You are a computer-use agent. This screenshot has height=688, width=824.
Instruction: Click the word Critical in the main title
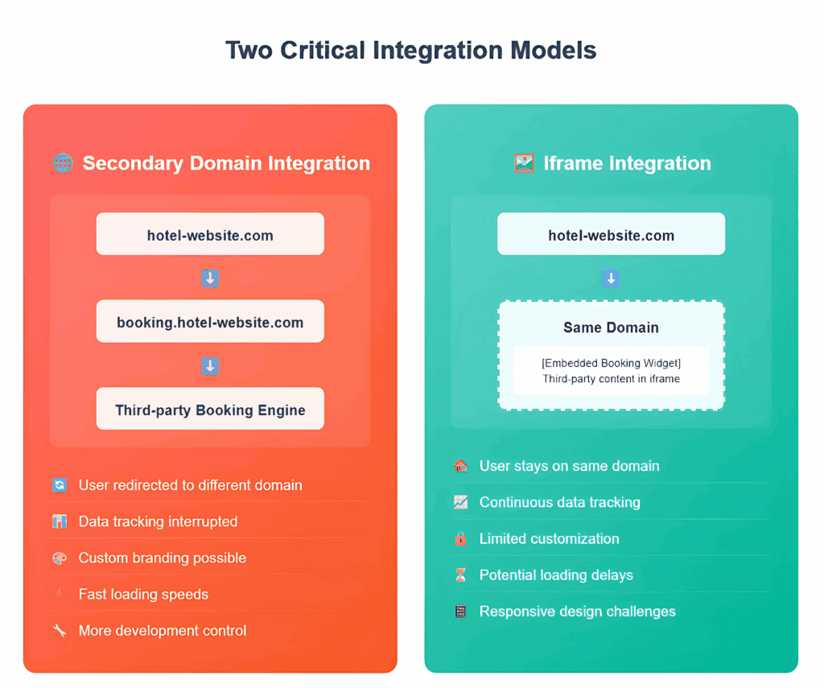pyautogui.click(x=322, y=51)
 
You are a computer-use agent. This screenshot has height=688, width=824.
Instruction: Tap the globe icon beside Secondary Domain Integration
pyautogui.click(x=63, y=163)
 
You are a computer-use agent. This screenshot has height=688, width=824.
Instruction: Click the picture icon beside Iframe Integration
pyautogui.click(x=524, y=163)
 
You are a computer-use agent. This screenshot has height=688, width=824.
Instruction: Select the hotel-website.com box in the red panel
pyautogui.click(x=210, y=234)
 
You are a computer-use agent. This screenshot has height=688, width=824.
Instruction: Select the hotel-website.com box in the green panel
pyautogui.click(x=612, y=234)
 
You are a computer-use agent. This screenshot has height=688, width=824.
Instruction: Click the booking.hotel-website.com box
pyautogui.click(x=210, y=321)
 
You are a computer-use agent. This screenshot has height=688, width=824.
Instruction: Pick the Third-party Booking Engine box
pyautogui.click(x=210, y=409)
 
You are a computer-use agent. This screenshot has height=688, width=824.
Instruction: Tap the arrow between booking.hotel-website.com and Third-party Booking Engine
pyautogui.click(x=210, y=365)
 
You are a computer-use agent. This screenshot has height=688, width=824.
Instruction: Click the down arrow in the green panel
pyautogui.click(x=611, y=278)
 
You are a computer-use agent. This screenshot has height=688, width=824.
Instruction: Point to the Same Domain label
pyautogui.click(x=612, y=328)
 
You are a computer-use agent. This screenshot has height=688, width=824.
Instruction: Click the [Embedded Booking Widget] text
pyautogui.click(x=612, y=363)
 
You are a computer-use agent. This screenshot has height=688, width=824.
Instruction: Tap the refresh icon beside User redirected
pyautogui.click(x=60, y=484)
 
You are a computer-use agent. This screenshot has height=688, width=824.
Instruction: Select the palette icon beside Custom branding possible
pyautogui.click(x=60, y=558)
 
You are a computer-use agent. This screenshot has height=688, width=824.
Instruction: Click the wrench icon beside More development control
pyautogui.click(x=60, y=630)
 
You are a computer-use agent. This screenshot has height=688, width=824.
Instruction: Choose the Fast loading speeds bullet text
pyautogui.click(x=143, y=594)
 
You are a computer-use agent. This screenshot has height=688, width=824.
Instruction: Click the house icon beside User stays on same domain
pyautogui.click(x=460, y=466)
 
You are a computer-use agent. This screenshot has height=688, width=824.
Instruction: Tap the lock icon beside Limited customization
pyautogui.click(x=460, y=538)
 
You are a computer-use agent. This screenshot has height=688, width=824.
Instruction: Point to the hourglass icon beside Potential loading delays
pyautogui.click(x=460, y=575)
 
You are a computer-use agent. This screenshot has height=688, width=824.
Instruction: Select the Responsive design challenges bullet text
pyautogui.click(x=578, y=612)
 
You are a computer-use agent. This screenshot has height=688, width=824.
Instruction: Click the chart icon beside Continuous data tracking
pyautogui.click(x=460, y=502)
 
